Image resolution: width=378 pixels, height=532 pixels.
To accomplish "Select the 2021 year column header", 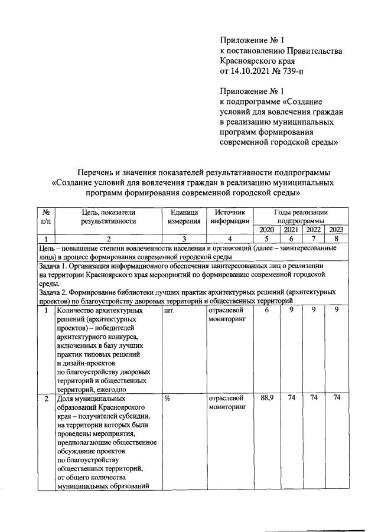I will coord(291,230).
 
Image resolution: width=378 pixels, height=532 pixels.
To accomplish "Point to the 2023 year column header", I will coord(335,230).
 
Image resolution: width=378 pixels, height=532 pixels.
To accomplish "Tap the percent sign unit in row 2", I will coord(168,399).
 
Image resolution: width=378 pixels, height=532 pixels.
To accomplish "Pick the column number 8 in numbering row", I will coord(335,239).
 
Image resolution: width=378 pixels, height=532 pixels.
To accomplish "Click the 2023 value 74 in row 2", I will coord(335,399).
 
